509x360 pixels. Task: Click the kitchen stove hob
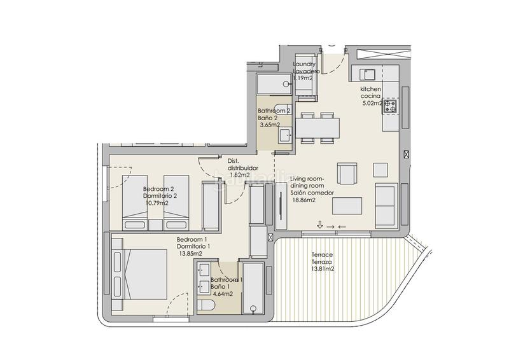pos(390,106)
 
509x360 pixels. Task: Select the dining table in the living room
pos(317,128)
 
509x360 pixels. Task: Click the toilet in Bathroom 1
pos(206,306)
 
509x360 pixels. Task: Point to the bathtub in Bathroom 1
pos(253,288)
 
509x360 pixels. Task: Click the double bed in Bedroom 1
pos(139,274)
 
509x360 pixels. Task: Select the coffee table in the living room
pos(347,206)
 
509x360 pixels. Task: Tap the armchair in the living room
pos(347,174)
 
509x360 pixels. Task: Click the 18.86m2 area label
pos(303,200)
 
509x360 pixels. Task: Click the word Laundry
pos(304,64)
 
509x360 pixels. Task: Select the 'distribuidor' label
pos(243,168)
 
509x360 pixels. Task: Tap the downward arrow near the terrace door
pos(320,225)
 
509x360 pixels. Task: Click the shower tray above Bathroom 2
pos(274,84)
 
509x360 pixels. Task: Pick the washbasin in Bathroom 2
pos(285,135)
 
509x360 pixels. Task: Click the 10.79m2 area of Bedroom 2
pos(157,204)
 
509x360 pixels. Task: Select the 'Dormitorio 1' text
pos(193,246)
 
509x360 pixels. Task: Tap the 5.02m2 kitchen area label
pos(372,104)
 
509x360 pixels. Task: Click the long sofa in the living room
pos(386,206)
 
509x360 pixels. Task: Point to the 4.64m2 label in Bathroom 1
pos(222,294)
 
